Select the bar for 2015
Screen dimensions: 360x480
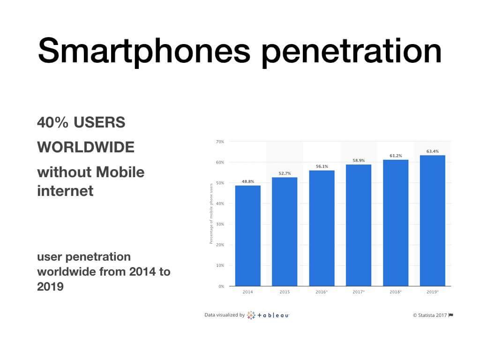(x=285, y=232)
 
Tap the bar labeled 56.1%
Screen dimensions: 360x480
(x=322, y=228)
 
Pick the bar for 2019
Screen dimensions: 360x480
(x=432, y=220)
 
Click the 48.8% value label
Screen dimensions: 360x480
(x=247, y=181)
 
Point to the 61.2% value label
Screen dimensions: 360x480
(x=396, y=156)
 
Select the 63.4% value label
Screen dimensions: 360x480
(x=432, y=151)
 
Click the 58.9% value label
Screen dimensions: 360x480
(x=359, y=160)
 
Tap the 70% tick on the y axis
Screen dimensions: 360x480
(x=220, y=142)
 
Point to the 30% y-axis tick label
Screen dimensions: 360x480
(x=220, y=224)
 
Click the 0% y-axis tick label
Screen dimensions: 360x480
(x=221, y=286)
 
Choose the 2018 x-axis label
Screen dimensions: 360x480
(x=396, y=292)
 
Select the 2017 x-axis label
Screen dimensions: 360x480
(x=359, y=292)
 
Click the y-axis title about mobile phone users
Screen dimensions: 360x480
(x=211, y=213)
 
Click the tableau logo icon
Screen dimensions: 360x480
(x=251, y=315)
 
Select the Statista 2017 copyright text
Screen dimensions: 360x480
(x=430, y=315)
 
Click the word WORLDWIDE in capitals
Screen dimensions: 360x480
(x=86, y=147)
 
